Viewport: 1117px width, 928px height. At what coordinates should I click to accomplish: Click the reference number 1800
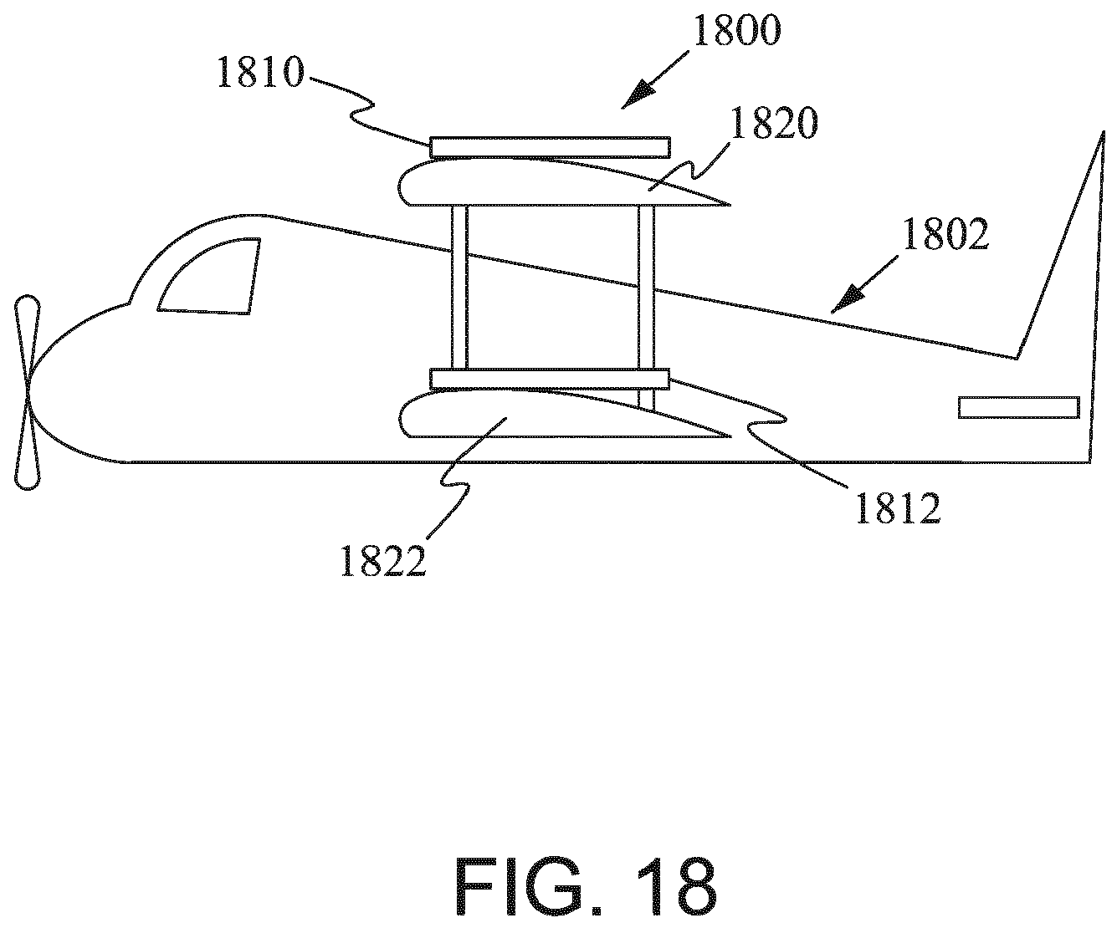pyautogui.click(x=737, y=31)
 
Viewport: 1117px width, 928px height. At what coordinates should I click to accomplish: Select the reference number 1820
pyautogui.click(x=774, y=122)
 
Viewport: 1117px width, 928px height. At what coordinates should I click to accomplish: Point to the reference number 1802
pyautogui.click(x=945, y=234)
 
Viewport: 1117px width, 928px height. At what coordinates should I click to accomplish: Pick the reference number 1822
pyautogui.click(x=383, y=560)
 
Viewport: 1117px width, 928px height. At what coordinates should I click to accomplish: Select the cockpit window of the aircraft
pyautogui.click(x=209, y=276)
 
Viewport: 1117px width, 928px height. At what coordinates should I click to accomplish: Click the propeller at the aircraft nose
pyautogui.click(x=28, y=392)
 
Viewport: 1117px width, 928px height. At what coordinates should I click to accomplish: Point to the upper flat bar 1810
pyautogui.click(x=550, y=147)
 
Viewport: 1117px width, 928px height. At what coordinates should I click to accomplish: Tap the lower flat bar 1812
pyautogui.click(x=550, y=379)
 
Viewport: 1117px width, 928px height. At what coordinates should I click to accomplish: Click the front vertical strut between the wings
pyautogui.click(x=459, y=287)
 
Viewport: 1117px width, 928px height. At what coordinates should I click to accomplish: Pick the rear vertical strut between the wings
pyautogui.click(x=646, y=308)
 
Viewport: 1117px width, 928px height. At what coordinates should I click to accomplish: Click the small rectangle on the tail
pyautogui.click(x=1018, y=407)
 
